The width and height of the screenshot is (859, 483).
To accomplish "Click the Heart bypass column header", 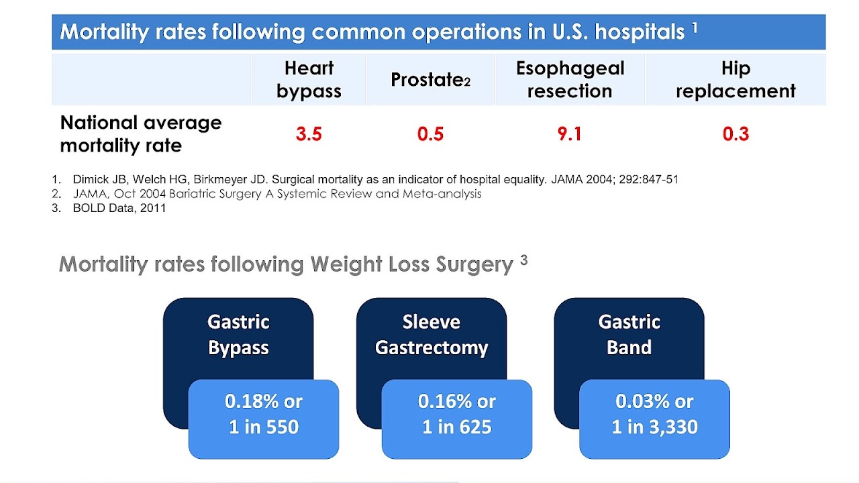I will point(309,80).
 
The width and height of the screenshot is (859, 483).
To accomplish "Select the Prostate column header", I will point(430,80).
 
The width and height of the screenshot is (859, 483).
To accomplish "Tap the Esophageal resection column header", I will point(570,80).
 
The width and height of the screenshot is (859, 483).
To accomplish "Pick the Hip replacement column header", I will point(736,80).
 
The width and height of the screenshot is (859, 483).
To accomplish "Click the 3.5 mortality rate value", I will point(309,134).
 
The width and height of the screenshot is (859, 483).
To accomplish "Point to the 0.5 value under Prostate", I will point(430,134).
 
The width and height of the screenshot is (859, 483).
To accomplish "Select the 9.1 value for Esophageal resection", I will point(569,134).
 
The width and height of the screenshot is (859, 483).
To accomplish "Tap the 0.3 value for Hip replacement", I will point(736,134).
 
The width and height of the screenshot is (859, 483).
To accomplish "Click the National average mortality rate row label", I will point(140,133).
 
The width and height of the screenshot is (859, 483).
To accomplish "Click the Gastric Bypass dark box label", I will point(238,335).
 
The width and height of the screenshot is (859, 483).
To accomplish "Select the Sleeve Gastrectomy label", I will point(432,335).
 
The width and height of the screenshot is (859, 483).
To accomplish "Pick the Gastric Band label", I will point(629,335).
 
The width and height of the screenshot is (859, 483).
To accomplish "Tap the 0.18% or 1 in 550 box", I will point(264,414).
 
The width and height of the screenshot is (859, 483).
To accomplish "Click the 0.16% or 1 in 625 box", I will point(456,414).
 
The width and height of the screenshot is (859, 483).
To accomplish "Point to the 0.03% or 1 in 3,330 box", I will point(654,414).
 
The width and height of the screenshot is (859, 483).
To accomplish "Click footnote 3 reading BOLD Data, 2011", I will point(119,208).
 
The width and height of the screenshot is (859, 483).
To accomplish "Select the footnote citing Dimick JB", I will point(375,180).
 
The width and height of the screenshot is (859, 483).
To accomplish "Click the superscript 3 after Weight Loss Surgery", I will point(523,260).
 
